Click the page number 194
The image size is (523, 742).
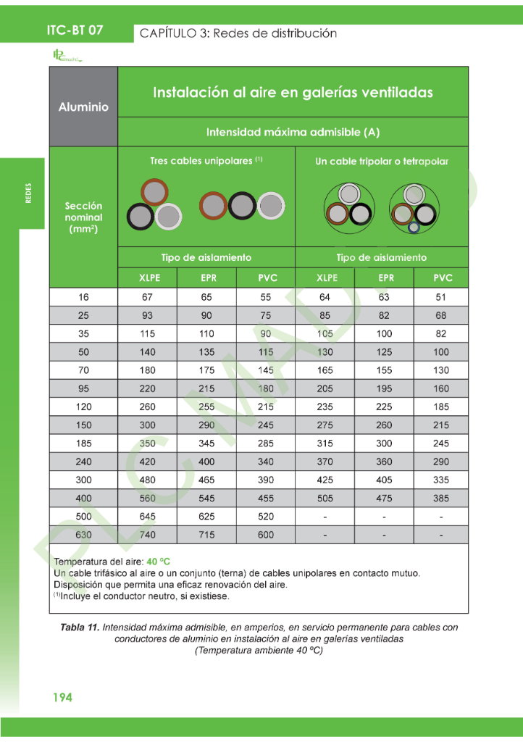[x=62, y=697]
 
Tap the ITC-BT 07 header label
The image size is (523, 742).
[x=75, y=30]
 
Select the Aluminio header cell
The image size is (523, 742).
[x=83, y=107]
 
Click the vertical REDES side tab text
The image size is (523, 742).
[x=28, y=193]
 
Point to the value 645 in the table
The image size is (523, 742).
[x=147, y=517]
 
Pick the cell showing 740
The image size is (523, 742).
[x=147, y=535]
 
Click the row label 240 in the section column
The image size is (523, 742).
[x=83, y=462]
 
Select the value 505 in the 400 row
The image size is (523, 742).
[x=325, y=499]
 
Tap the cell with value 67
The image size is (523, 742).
[x=147, y=297]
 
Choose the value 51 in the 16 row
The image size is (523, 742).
[x=441, y=297]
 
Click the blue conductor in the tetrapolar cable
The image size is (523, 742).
[x=414, y=228]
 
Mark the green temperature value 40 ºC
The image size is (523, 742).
[x=158, y=562]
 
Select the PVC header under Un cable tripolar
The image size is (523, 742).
[x=441, y=278]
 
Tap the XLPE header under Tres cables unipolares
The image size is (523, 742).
[x=147, y=278]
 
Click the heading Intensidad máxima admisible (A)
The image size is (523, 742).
[x=293, y=132]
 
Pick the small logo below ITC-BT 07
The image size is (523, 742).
[x=67, y=56]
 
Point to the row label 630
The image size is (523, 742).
[x=83, y=535]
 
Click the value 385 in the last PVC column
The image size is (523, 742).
[x=441, y=499]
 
